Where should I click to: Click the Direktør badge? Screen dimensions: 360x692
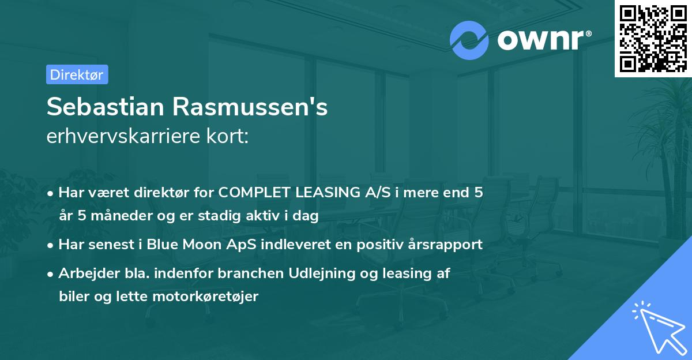pos(76,74)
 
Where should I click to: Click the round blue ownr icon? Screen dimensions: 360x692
pos(469,40)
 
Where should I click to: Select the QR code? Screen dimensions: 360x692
pos(653,39)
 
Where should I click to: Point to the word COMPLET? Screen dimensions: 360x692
pos(255,193)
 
